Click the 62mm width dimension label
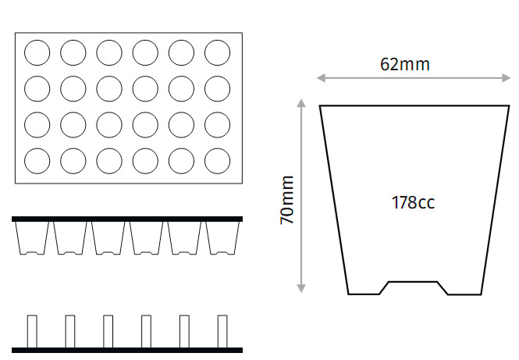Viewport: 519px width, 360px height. pyautogui.click(x=405, y=64)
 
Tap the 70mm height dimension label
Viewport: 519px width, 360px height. pyautogui.click(x=286, y=200)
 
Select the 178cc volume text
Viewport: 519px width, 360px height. pyautogui.click(x=413, y=202)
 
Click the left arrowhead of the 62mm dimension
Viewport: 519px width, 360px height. pyautogui.click(x=321, y=78)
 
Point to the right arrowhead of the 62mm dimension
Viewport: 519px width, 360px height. pyautogui.click(x=506, y=78)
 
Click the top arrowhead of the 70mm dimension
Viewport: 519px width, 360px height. pyautogui.click(x=301, y=103)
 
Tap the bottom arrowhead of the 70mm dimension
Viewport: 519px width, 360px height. pyautogui.click(x=301, y=288)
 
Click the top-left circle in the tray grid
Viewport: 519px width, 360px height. pyautogui.click(x=37, y=52)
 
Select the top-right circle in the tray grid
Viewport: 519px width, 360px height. pyautogui.click(x=218, y=52)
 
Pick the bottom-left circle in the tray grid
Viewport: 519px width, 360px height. pyautogui.click(x=37, y=161)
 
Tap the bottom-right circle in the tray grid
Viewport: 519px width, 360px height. pyautogui.click(x=218, y=161)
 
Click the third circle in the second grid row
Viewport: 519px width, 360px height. pyautogui.click(x=109, y=89)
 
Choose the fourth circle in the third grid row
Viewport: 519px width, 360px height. pyautogui.click(x=145, y=125)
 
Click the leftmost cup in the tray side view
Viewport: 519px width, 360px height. pyautogui.click(x=32, y=238)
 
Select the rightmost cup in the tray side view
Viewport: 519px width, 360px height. pyautogui.click(x=222, y=238)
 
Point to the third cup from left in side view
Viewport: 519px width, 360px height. pyautogui.click(x=108, y=238)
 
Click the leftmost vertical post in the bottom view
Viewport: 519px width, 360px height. pyautogui.click(x=32, y=332)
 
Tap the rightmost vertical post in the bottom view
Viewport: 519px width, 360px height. pyautogui.click(x=222, y=332)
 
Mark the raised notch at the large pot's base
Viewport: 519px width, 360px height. pyautogui.click(x=413, y=287)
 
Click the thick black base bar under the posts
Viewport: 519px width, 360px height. pyautogui.click(x=127, y=350)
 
